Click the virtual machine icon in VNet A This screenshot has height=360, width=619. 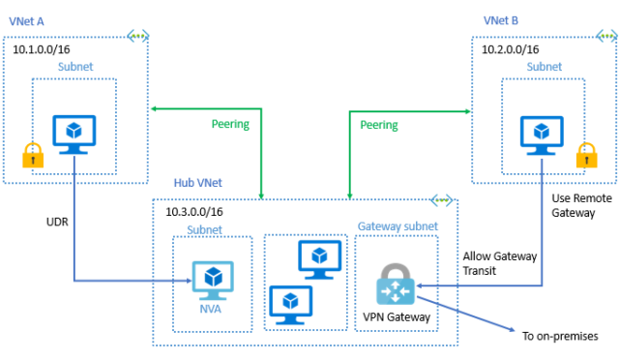(74, 135)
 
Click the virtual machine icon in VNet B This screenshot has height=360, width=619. (542, 135)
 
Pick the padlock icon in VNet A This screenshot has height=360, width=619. (32, 154)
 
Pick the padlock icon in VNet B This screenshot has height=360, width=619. (584, 154)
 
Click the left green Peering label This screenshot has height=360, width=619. (230, 125)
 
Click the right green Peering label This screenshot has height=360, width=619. (380, 125)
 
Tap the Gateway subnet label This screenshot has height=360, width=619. (398, 226)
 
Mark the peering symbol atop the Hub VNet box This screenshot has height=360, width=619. (443, 201)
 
